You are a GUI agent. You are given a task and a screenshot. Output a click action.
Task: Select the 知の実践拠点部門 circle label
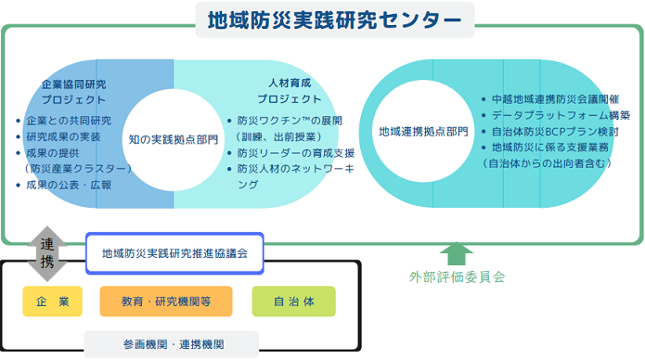tap(174, 140)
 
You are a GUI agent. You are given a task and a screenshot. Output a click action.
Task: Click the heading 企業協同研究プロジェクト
tap(73, 92)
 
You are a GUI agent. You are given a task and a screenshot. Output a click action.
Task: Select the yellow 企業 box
tap(53, 301)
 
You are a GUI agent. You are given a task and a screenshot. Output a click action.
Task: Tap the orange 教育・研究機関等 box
tap(167, 301)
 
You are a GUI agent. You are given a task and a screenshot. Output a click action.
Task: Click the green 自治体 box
tap(293, 301)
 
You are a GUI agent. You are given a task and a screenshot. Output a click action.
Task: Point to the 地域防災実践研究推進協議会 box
tap(174, 252)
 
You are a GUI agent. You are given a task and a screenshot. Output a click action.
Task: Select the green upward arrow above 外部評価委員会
tap(456, 253)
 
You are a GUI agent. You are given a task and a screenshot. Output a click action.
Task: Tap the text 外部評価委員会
tap(457, 276)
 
